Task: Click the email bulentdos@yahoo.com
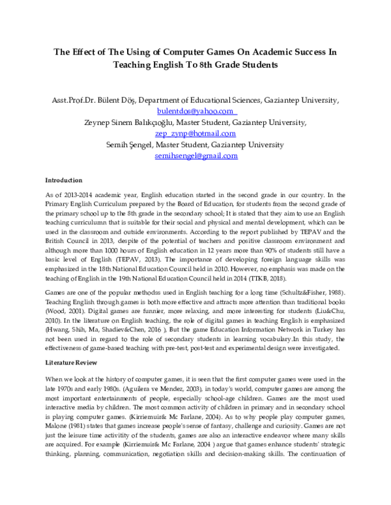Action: pos(195,111)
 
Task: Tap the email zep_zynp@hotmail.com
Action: pos(195,133)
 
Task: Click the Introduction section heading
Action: pos(63,180)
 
